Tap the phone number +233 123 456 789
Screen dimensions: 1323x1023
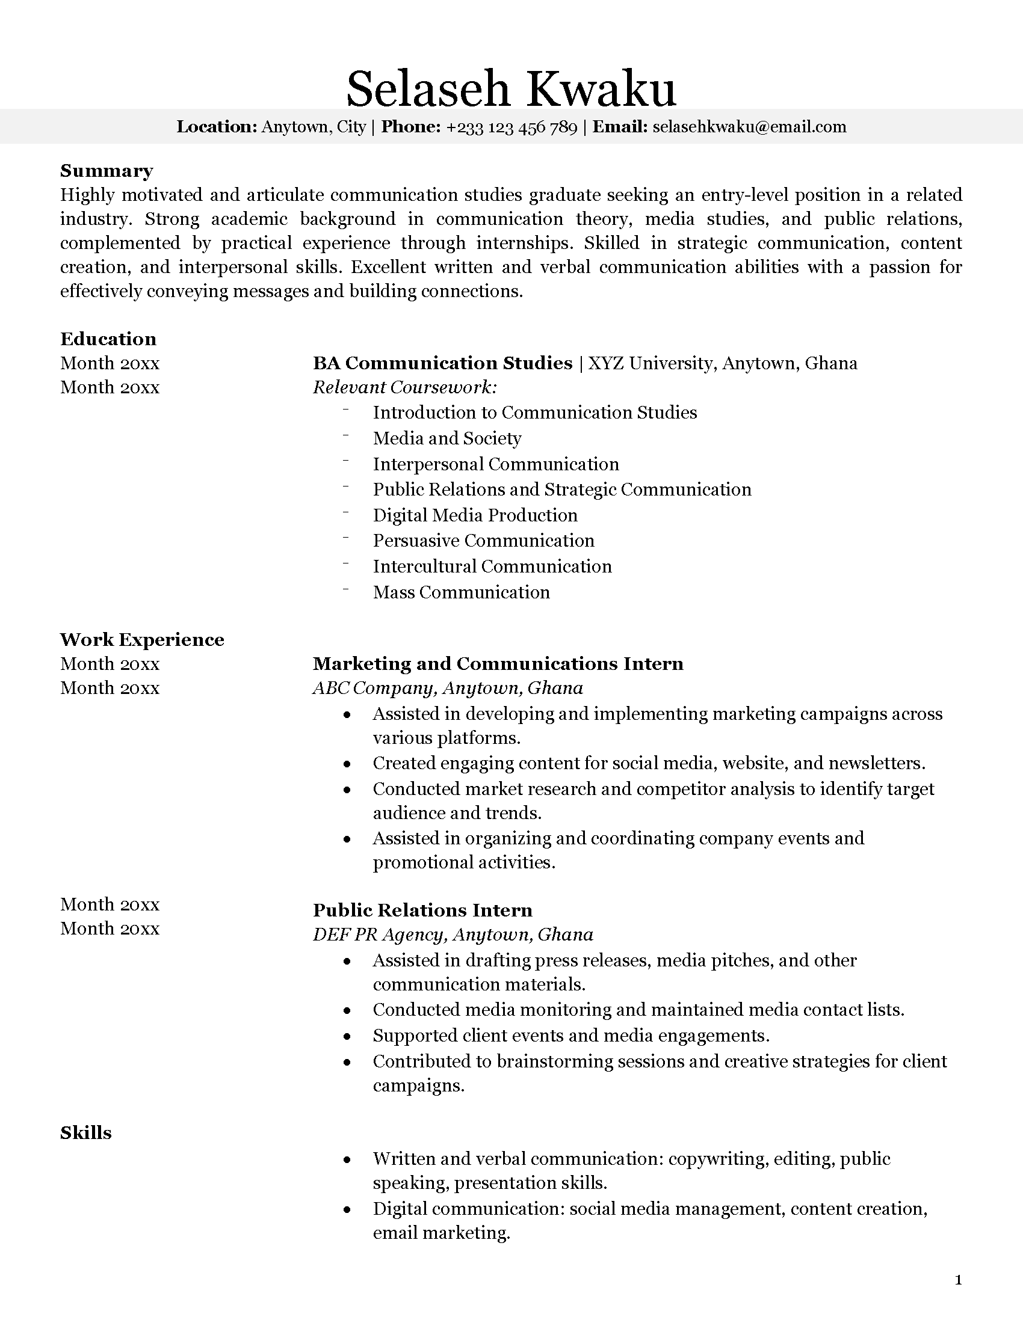tap(512, 127)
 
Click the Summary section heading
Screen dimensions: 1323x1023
tap(107, 171)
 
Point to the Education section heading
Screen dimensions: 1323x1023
tap(108, 339)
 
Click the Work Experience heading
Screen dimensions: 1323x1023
tap(142, 640)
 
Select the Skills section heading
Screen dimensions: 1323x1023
tap(86, 1133)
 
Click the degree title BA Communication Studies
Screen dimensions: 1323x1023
tap(442, 363)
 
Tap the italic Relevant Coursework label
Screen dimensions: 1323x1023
tap(405, 387)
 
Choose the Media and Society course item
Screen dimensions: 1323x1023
tap(447, 438)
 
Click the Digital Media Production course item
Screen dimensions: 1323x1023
tap(475, 515)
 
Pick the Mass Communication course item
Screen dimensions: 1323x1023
tap(461, 592)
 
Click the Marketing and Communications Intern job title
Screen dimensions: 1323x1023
tap(498, 664)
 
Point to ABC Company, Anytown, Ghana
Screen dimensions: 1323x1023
tap(448, 688)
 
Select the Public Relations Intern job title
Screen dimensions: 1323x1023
tap(422, 910)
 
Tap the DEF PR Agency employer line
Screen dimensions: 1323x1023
tap(453, 935)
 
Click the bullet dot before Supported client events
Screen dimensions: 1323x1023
tap(347, 1037)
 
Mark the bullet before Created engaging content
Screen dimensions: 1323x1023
tap(347, 764)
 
